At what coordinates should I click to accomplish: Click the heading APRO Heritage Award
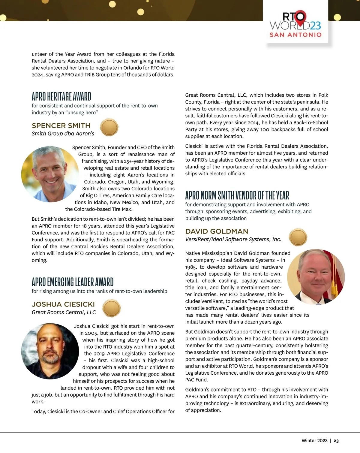[x=61, y=96]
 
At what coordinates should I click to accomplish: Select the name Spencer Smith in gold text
[x=61, y=125]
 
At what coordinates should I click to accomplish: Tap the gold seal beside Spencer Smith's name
[x=109, y=127]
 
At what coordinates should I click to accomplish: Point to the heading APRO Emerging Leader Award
[x=73, y=282]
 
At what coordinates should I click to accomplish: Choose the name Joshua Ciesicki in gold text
[x=63, y=304]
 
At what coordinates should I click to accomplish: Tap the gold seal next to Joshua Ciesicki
[x=111, y=308]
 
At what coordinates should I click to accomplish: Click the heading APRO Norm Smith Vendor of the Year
[x=237, y=195]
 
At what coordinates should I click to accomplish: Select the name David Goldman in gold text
[x=217, y=231]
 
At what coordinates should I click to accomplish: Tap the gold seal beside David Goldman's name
[x=298, y=237]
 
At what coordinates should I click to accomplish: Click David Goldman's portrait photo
[x=316, y=277]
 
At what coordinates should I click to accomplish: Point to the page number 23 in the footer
[x=336, y=441]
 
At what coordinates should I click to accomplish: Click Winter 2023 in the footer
[x=314, y=441]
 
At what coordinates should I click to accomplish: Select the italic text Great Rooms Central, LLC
[x=64, y=312]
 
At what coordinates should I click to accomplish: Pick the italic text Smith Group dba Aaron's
[x=63, y=134]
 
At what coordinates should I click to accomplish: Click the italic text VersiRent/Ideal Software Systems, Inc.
[x=233, y=239]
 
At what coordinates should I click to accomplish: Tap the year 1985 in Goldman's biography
[x=191, y=267]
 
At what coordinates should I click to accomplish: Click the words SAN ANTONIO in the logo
[x=295, y=35]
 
